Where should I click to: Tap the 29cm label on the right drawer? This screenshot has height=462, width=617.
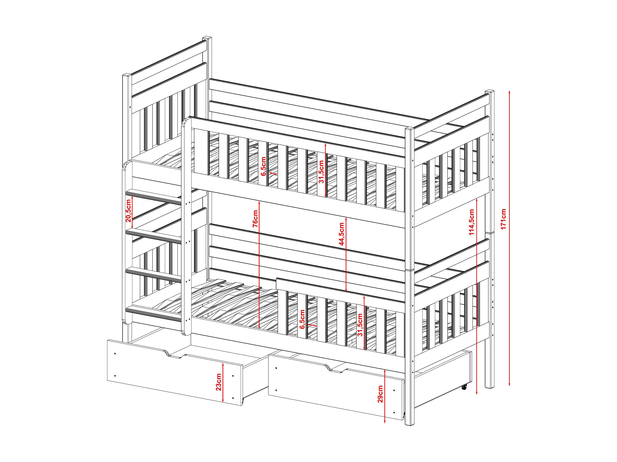pos(380,394)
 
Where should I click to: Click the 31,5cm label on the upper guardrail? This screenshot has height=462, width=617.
pos(321,172)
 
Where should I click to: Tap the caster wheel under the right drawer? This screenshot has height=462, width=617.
pos(464,387)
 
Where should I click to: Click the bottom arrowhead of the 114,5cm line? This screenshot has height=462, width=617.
pos(477,393)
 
